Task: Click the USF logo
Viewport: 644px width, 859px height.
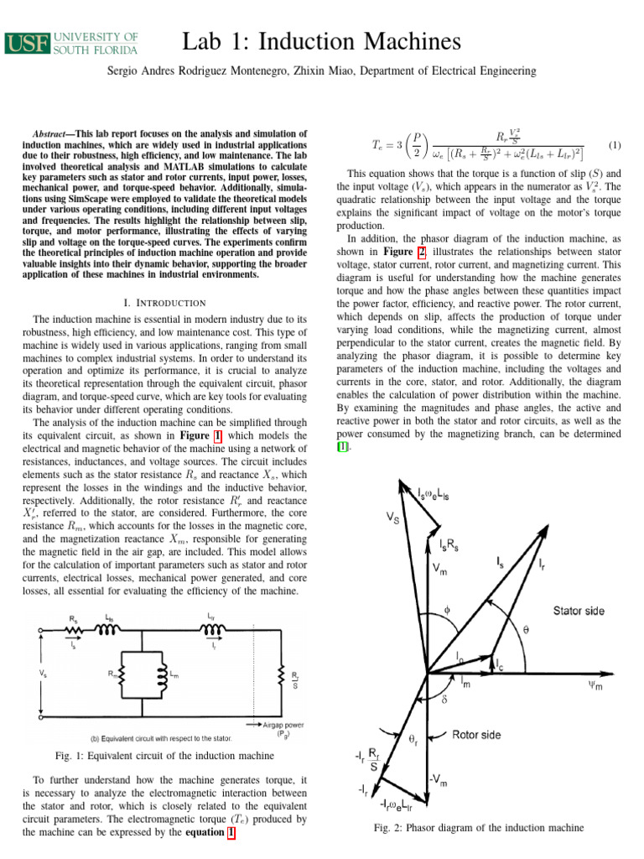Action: click(x=72, y=43)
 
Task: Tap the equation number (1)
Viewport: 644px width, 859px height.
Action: click(x=615, y=145)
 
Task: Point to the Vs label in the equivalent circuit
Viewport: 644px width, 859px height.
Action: click(x=43, y=673)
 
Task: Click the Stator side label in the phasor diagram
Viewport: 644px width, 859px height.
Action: click(x=577, y=611)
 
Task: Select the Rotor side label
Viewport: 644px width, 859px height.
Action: click(x=476, y=735)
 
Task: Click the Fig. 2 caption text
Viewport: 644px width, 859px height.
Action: click(x=478, y=828)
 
